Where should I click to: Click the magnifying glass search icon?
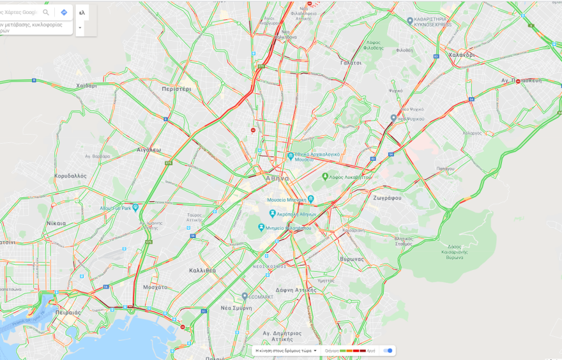(46, 12)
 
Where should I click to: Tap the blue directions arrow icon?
(64, 12)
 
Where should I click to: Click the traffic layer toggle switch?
(388, 350)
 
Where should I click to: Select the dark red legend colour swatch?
(363, 350)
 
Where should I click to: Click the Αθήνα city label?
(277, 178)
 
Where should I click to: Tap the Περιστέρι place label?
(176, 89)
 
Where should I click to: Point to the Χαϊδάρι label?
(86, 86)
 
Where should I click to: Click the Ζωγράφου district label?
(387, 198)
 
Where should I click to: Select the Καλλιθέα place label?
(202, 270)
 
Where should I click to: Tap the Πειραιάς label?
(68, 313)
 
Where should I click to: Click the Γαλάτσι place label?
(351, 63)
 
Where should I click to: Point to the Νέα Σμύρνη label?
(236, 308)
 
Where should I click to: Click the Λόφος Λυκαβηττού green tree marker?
(325, 177)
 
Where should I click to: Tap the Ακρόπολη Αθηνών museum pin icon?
(272, 214)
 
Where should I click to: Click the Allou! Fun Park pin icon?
(135, 207)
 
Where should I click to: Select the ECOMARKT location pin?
(245, 296)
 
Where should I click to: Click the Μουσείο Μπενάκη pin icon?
(311, 199)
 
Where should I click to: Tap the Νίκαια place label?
(56, 223)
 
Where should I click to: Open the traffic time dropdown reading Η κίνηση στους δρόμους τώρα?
(286, 350)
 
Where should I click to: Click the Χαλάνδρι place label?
(461, 55)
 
